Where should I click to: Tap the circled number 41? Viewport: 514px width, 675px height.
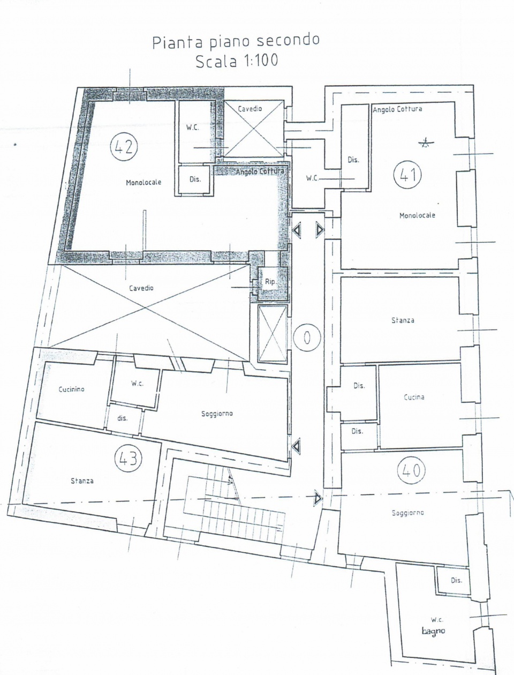pyautogui.click(x=407, y=174)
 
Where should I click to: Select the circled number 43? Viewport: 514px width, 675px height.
pyautogui.click(x=128, y=458)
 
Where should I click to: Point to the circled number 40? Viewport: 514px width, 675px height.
pyautogui.click(x=411, y=470)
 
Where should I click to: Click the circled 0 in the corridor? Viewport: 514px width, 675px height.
pyautogui.click(x=307, y=337)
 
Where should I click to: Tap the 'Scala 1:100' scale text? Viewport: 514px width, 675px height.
pyautogui.click(x=237, y=61)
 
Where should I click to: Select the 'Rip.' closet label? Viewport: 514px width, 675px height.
pyautogui.click(x=270, y=281)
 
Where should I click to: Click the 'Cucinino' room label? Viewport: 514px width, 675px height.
pyautogui.click(x=71, y=389)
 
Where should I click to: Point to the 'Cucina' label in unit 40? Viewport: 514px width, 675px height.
pyautogui.click(x=414, y=397)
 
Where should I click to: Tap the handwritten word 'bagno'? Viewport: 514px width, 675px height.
pyautogui.click(x=433, y=631)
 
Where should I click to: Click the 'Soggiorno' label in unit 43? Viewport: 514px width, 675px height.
pyautogui.click(x=217, y=414)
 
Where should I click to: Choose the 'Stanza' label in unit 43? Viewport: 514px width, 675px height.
pyautogui.click(x=82, y=481)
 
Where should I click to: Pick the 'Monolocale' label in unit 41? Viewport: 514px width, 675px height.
pyautogui.click(x=417, y=215)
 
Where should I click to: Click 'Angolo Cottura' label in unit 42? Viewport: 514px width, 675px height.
pyautogui.click(x=260, y=171)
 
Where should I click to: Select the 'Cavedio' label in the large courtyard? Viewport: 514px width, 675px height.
pyautogui.click(x=141, y=288)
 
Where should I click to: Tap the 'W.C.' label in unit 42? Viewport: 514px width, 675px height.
pyautogui.click(x=193, y=127)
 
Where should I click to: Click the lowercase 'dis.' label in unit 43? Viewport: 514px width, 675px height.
pyautogui.click(x=122, y=418)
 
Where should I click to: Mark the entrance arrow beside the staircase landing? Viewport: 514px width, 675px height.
pyautogui.click(x=318, y=498)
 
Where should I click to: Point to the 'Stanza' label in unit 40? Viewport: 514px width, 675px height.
pyautogui.click(x=403, y=320)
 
